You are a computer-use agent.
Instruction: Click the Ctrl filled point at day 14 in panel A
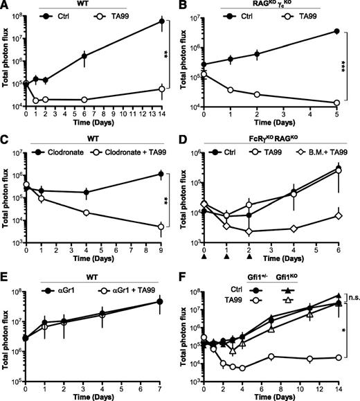pyautogui.click(x=162, y=21)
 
